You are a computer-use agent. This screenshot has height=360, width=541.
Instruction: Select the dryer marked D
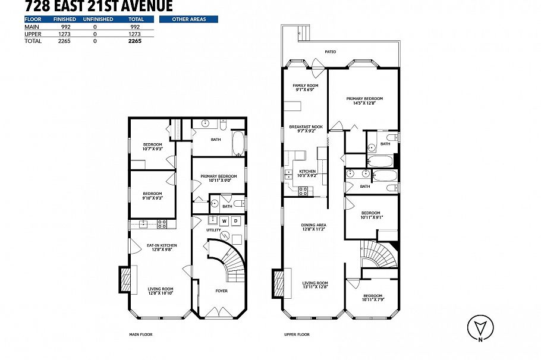[235, 221]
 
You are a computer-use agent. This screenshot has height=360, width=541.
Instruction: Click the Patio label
[330, 52]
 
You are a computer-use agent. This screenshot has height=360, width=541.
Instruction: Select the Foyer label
[221, 290]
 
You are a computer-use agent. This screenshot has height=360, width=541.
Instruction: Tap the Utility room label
[213, 229]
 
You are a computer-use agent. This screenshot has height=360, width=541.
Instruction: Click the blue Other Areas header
[188, 19]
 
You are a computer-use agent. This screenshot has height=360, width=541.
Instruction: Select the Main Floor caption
[141, 334]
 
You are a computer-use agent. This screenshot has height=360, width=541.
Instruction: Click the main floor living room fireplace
[126, 280]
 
